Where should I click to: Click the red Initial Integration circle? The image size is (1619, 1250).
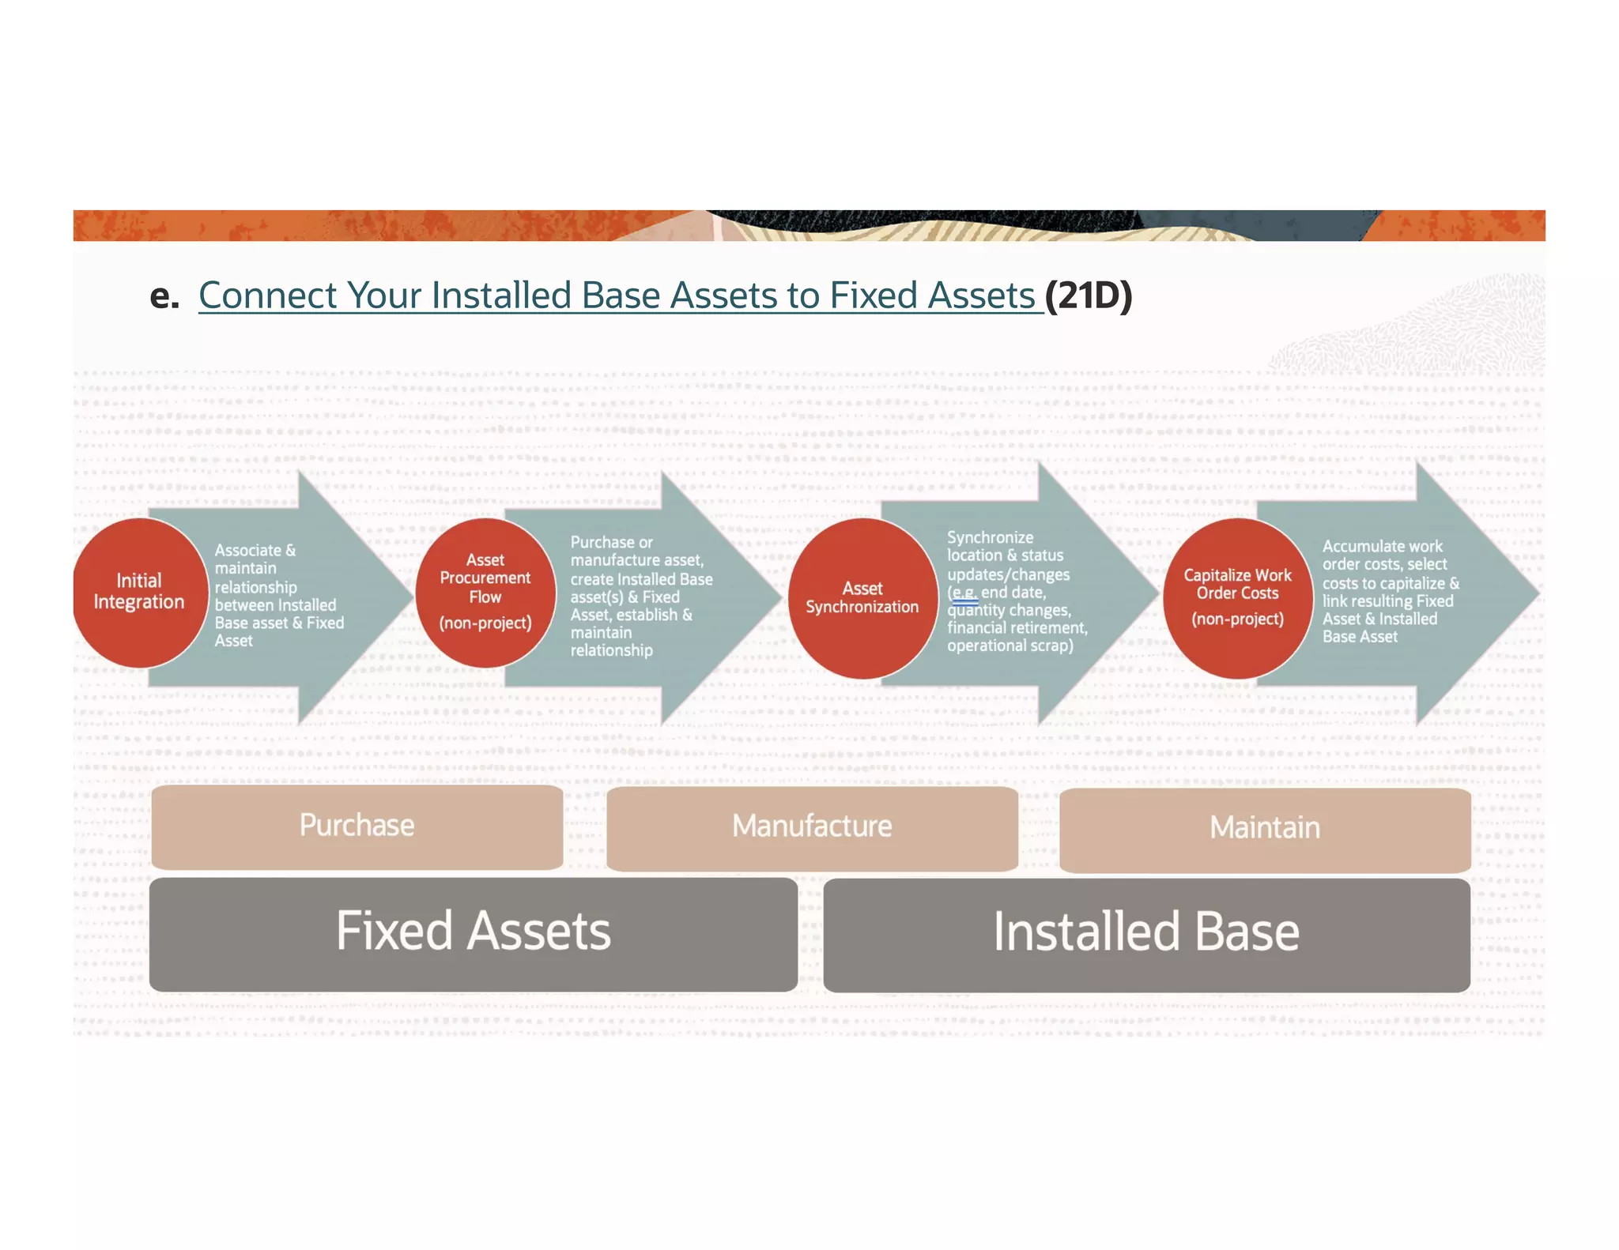click(139, 593)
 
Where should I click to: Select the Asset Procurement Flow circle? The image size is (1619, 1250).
click(485, 593)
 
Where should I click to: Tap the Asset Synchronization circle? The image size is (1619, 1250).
click(862, 598)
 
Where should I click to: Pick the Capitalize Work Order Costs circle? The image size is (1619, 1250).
click(1237, 598)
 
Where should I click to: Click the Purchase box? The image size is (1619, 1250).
click(357, 826)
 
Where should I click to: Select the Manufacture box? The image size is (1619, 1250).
click(812, 827)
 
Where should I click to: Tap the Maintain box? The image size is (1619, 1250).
click(1265, 829)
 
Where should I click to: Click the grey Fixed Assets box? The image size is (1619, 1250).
click(473, 933)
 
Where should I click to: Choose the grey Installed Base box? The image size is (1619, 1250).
click(1146, 935)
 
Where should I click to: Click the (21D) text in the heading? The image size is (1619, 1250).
click(1089, 296)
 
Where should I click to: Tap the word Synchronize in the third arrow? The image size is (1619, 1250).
click(990, 537)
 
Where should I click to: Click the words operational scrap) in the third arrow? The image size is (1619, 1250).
click(1010, 646)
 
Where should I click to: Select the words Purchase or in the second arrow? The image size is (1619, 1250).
click(611, 543)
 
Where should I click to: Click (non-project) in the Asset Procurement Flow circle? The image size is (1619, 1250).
click(485, 623)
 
